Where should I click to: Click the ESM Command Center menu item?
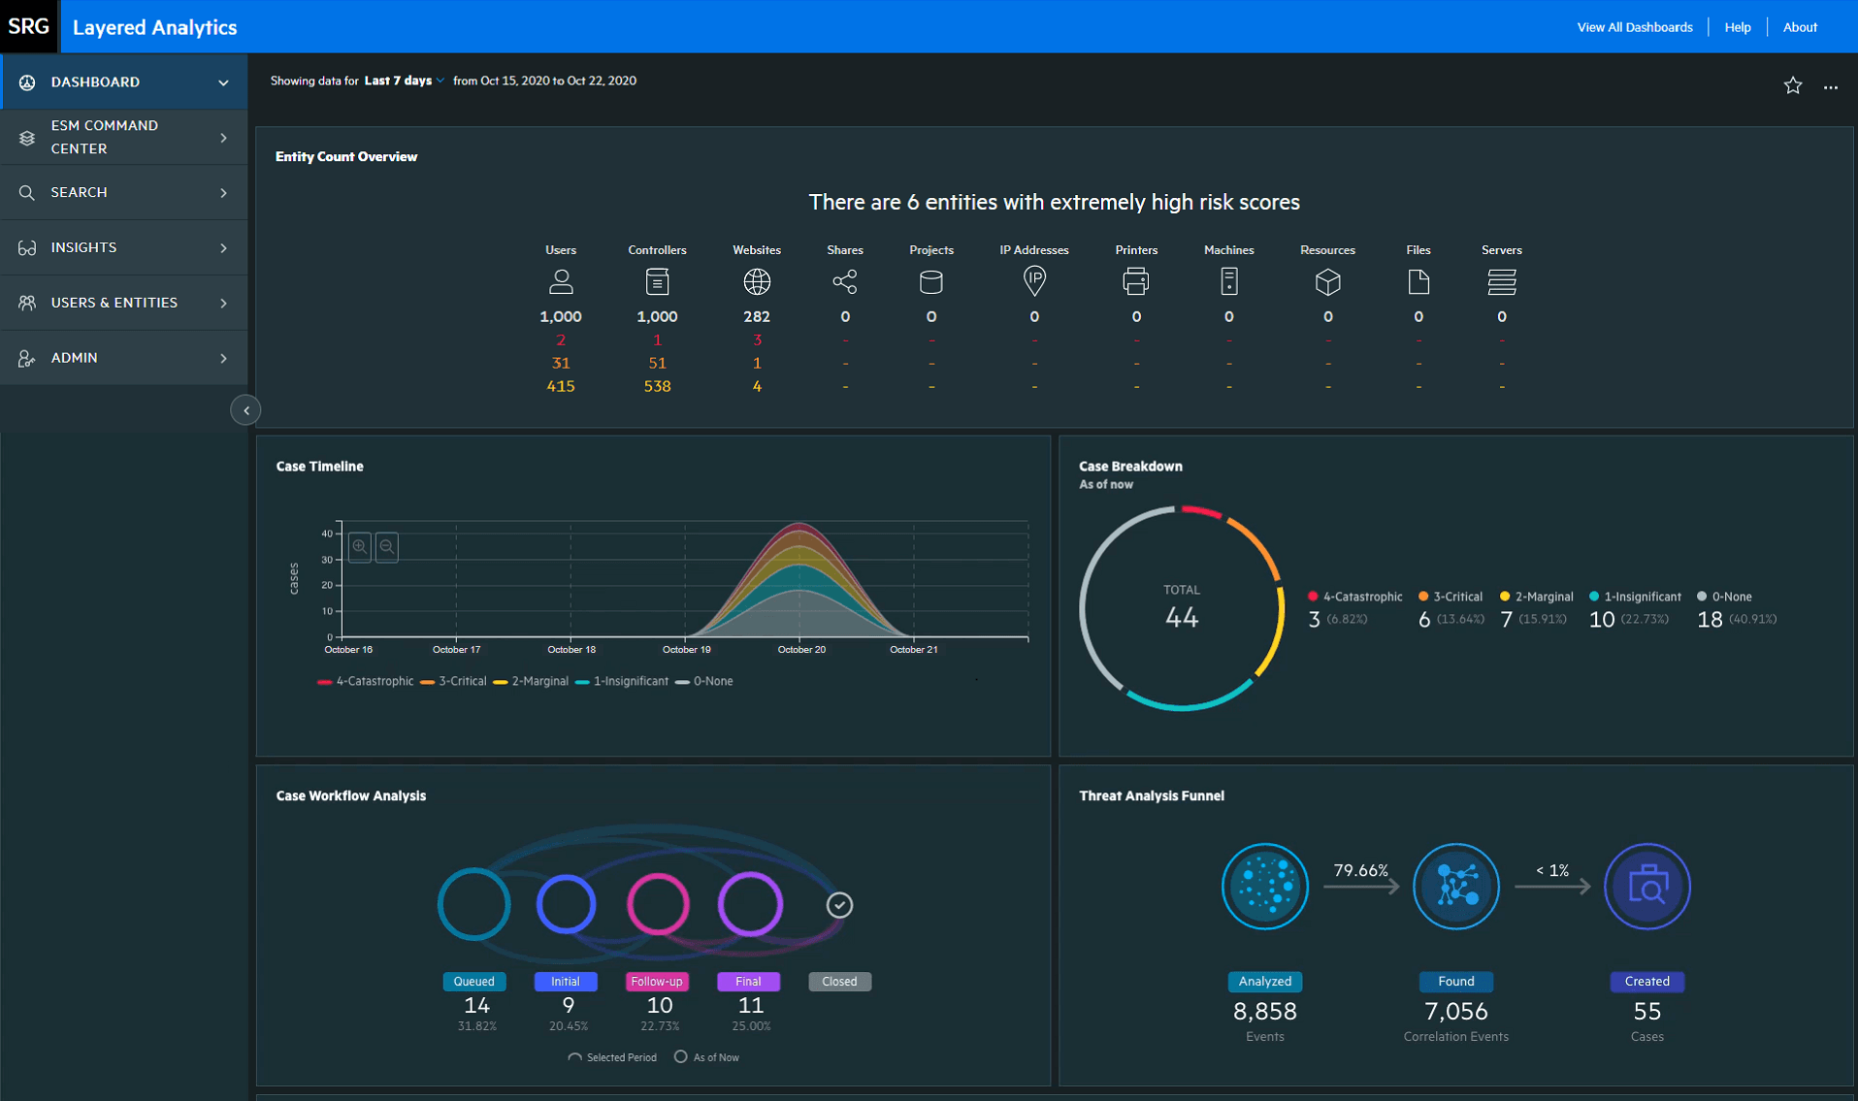click(104, 137)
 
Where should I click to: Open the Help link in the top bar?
click(1737, 27)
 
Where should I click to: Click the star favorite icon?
click(1792, 86)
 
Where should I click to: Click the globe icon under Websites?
click(756, 282)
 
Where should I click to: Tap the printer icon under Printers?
click(1135, 282)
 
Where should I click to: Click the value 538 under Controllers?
click(657, 386)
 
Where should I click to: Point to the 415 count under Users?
click(560, 386)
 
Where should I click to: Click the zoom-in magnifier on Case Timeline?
click(360, 547)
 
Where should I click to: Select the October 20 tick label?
click(801, 650)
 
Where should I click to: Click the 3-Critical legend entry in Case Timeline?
click(453, 682)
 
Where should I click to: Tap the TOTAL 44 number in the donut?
click(1181, 617)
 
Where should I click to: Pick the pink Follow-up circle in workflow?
click(658, 904)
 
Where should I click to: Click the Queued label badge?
click(473, 982)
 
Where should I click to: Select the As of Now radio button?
click(681, 1056)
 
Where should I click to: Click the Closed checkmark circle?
click(839, 905)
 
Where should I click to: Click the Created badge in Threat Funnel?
click(1646, 982)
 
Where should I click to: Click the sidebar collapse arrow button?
click(246, 410)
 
